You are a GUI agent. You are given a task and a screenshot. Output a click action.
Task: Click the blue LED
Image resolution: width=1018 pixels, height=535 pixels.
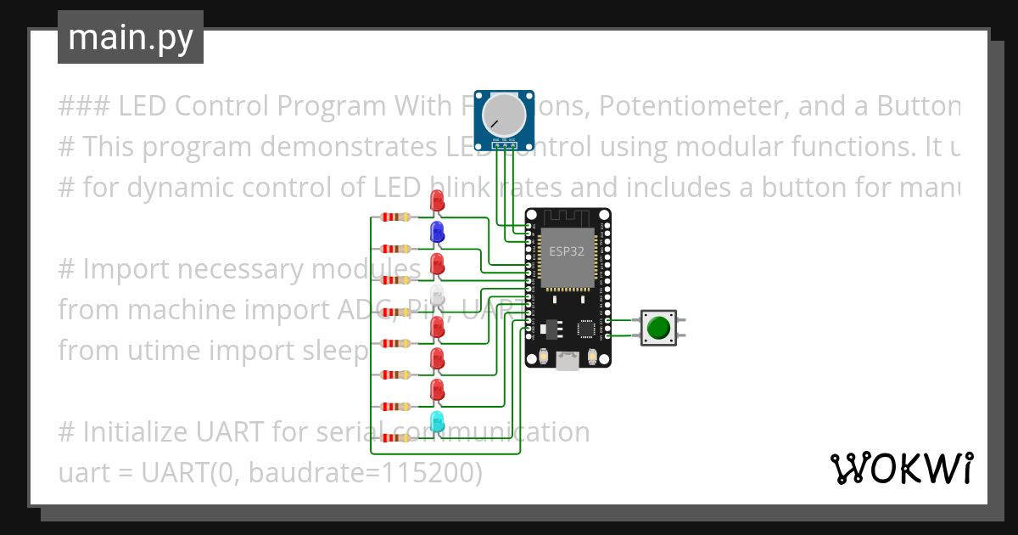(x=437, y=231)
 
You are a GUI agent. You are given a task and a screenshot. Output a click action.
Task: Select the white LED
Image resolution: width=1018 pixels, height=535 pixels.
(x=437, y=295)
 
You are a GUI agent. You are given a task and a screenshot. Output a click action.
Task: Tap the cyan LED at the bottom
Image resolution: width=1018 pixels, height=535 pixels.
(x=437, y=421)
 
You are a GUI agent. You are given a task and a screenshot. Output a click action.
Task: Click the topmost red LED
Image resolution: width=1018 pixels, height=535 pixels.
(x=437, y=200)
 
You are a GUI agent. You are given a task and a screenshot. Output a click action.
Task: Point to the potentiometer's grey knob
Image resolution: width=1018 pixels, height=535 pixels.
(x=505, y=115)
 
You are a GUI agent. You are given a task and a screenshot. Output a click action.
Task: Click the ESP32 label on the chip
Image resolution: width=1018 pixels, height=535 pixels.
(x=566, y=251)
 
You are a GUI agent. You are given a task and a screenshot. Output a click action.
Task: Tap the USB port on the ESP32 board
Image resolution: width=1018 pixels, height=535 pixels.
(x=567, y=363)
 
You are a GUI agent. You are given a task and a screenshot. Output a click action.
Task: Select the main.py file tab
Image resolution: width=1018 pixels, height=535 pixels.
(x=131, y=37)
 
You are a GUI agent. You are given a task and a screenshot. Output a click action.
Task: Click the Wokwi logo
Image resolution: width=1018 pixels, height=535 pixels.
(x=901, y=468)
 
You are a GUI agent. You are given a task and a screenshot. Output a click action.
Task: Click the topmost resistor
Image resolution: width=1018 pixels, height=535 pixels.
(x=396, y=217)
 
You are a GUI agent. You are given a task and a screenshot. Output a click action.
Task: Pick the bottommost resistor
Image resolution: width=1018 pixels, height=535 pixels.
(x=396, y=437)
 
